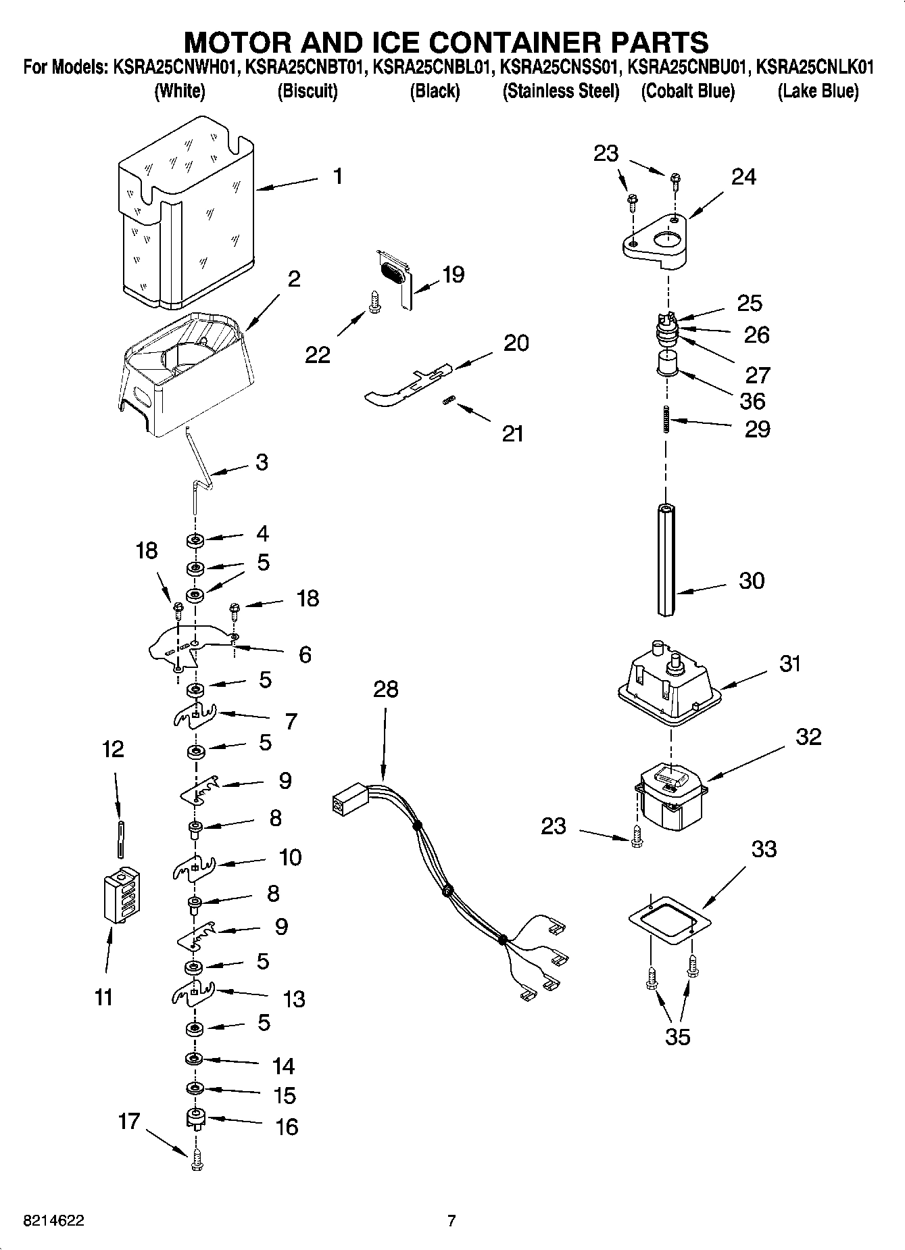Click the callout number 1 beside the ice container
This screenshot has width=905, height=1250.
pos(337,177)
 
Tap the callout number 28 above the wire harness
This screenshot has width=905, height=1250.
pos(386,690)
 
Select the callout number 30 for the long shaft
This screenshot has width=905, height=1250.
pos(752,581)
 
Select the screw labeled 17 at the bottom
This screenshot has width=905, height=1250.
pos(197,1158)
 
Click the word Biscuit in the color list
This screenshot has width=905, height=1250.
pos(308,91)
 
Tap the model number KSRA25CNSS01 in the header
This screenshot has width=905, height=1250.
pos(560,68)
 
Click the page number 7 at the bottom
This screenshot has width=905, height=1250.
pos(451,1220)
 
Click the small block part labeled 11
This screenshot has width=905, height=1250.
pos(122,895)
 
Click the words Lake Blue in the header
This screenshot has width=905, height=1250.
pos(818,91)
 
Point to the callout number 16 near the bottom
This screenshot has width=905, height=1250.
pos(287,1126)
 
